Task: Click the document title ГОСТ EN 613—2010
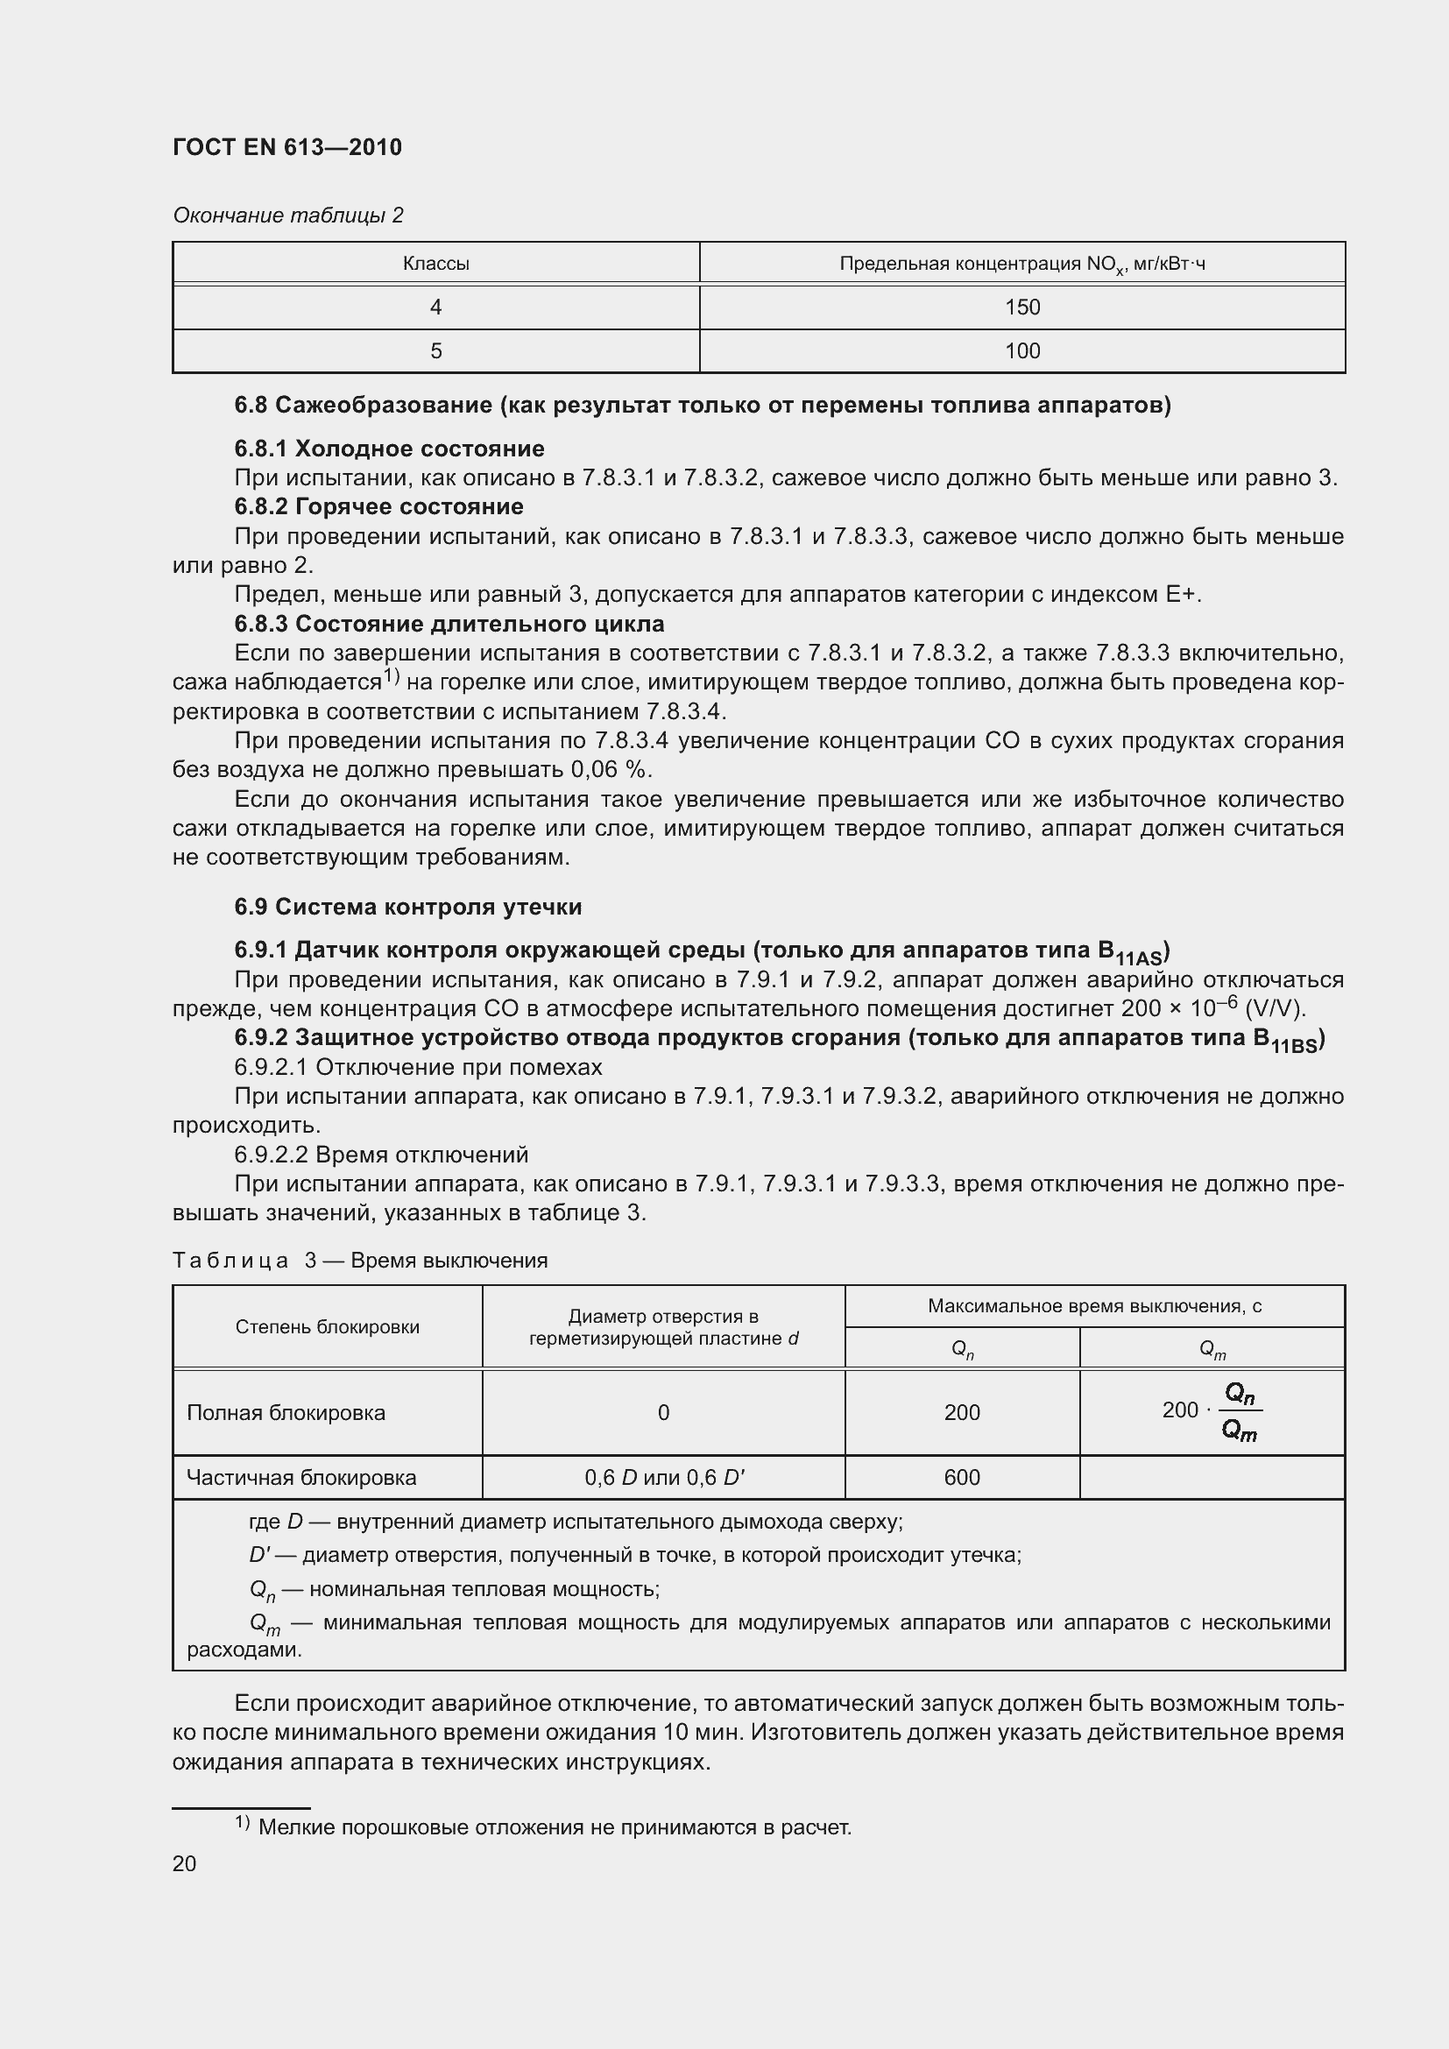pos(287,147)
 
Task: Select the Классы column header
pos(435,264)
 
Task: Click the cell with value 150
pos(1021,307)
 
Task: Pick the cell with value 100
pos(1021,350)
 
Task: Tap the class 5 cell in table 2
pos(435,350)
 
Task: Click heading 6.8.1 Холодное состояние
pos(389,448)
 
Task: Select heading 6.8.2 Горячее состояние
pos(378,506)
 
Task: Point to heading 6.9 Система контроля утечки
pos(407,907)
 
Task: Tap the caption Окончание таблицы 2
pos(288,215)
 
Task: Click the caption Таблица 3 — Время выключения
pos(359,1260)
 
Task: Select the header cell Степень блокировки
pos(328,1326)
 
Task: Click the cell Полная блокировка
pos(286,1412)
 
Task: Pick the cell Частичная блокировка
pos(300,1477)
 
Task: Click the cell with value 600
pos(961,1477)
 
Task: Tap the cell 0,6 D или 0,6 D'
pos(664,1477)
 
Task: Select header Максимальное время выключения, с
pos(1094,1305)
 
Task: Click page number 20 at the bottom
pos(185,1863)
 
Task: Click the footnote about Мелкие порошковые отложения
pos(553,1826)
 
